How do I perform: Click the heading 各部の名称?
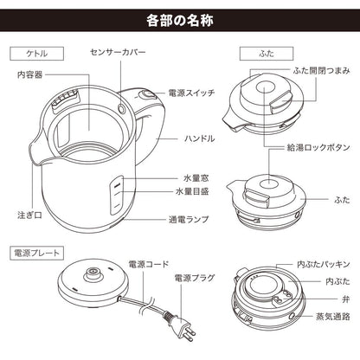pyautogui.click(x=180, y=21)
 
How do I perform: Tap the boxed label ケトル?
pyautogui.click(x=36, y=54)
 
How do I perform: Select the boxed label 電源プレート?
pyautogui.click(x=36, y=254)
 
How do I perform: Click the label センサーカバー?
pyautogui.click(x=118, y=52)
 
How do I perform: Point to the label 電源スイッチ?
pyautogui.click(x=191, y=93)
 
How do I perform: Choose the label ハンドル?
pyautogui.click(x=199, y=138)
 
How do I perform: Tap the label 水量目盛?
pyautogui.click(x=192, y=191)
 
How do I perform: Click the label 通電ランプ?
pyautogui.click(x=189, y=220)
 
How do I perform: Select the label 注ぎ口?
pyautogui.click(x=29, y=215)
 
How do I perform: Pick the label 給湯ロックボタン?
pyautogui.click(x=318, y=147)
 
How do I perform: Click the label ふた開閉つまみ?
pyautogui.click(x=321, y=70)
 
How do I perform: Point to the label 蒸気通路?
pyautogui.click(x=333, y=317)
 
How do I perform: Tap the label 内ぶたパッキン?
pyautogui.click(x=324, y=264)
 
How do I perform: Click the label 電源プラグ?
pyautogui.click(x=195, y=278)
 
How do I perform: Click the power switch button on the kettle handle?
pyautogui.click(x=145, y=95)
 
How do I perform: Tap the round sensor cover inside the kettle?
pyautogui.click(x=122, y=108)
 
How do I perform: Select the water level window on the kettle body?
pyautogui.click(x=117, y=195)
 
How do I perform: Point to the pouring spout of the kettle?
pyautogui.click(x=36, y=151)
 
